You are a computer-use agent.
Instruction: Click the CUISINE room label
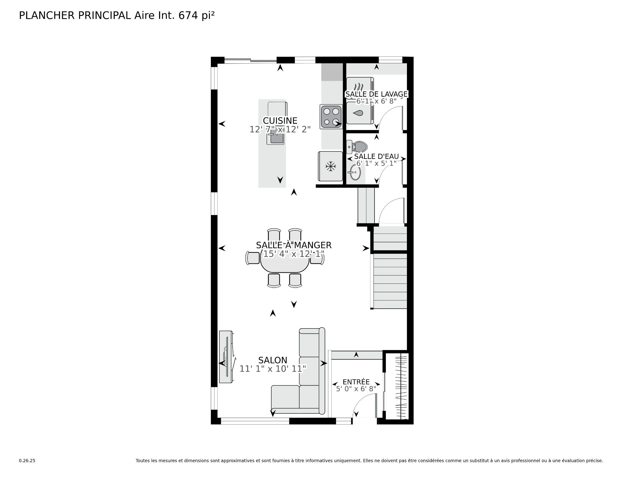280,121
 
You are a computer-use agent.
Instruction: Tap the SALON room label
273,360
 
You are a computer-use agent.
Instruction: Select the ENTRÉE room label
356,382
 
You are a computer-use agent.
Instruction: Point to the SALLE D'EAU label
376,156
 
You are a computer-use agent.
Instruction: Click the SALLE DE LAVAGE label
376,94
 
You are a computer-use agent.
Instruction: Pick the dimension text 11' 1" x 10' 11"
273,369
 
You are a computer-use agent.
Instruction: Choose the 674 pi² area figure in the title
196,16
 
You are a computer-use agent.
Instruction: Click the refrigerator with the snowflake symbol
330,166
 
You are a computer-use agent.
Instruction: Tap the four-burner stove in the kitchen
331,116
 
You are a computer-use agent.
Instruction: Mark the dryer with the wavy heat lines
360,88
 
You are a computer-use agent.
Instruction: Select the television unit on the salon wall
226,357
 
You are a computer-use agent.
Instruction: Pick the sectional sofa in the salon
298,371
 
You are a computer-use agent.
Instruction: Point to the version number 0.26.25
27,461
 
